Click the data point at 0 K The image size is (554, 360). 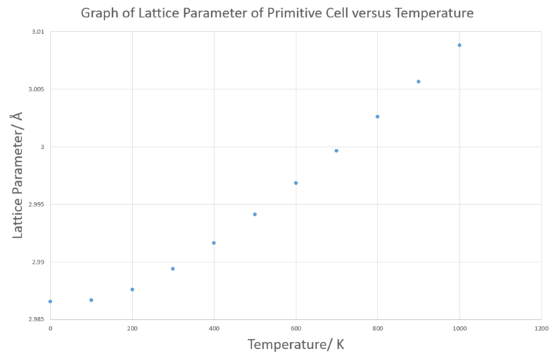(x=50, y=301)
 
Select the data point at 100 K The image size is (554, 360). (x=91, y=300)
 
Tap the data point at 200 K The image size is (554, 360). (x=132, y=289)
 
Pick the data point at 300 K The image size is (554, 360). (x=173, y=269)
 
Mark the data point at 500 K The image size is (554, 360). (x=255, y=215)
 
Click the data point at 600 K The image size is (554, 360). (x=296, y=183)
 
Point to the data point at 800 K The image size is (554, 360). (x=377, y=116)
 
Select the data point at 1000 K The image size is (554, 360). (x=459, y=45)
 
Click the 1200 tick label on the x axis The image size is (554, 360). (x=541, y=327)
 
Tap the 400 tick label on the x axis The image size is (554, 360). (x=214, y=327)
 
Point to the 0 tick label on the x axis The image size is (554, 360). (x=50, y=327)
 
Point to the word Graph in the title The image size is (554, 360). (x=100, y=13)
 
